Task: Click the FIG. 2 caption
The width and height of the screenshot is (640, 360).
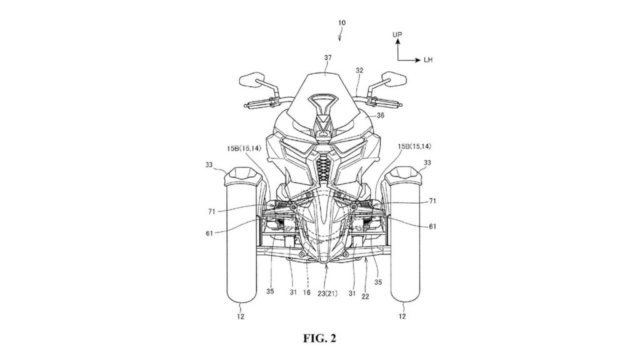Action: coord(319,338)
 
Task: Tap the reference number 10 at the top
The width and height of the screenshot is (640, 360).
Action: coord(342,23)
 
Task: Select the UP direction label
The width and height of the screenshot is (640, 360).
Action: coord(397,35)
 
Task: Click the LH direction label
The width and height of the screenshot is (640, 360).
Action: coord(427,60)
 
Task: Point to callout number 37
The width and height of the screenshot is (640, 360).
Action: coord(327,58)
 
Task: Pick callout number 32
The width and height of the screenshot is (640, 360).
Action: coord(359,71)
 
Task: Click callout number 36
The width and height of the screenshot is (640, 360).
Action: coord(381,116)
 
